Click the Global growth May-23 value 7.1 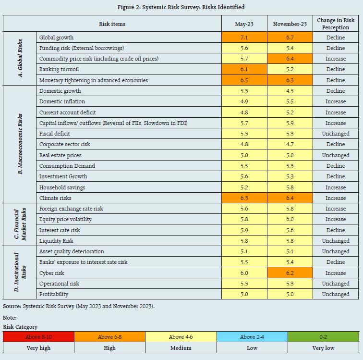244,37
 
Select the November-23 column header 290,24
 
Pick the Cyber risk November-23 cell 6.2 290,273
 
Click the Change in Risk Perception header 336,24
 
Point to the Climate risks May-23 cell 244,198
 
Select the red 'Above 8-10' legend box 39,337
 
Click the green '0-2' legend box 323,337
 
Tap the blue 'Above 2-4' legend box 252,337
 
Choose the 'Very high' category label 39,348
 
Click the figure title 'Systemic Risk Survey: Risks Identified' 181,7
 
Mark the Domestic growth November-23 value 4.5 290,91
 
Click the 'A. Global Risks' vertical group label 20,59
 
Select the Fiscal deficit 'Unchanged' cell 336,134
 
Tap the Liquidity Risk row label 56,241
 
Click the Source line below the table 79,306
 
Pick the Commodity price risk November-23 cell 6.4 290,59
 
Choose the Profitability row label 54,294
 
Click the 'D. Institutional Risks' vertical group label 20,273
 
